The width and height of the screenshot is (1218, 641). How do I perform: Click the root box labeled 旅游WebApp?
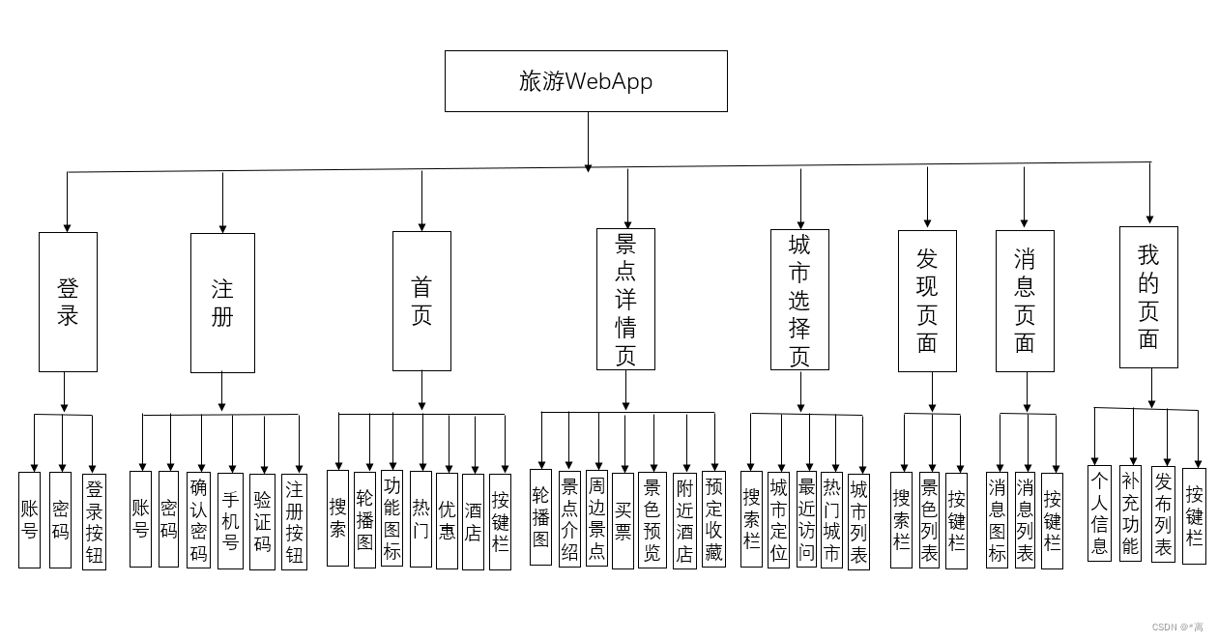586,81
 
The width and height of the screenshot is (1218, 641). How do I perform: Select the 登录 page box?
68,302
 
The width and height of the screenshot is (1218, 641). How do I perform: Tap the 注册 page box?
222,303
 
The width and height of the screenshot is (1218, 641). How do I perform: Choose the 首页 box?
421,301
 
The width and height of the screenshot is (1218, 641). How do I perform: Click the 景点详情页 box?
625,299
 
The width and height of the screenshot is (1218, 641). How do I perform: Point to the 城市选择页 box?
799,300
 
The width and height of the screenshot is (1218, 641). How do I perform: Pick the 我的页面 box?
1148,297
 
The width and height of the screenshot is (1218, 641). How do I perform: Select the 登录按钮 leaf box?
94,520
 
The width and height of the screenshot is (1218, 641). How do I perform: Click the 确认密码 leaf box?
198,519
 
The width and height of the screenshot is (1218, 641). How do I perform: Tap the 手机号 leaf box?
230,520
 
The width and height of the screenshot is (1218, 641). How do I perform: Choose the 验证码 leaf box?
262,520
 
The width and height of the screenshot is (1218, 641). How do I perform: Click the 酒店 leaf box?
473,520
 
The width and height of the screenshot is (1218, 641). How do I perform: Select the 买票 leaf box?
623,520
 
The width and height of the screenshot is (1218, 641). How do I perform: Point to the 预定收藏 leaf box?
713,518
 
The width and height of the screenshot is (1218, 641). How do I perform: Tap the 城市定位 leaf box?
778,519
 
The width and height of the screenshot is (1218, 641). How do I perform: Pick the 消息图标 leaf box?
997,519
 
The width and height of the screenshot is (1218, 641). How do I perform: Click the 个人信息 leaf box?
1099,512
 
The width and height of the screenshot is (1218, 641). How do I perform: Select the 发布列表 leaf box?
1163,514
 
